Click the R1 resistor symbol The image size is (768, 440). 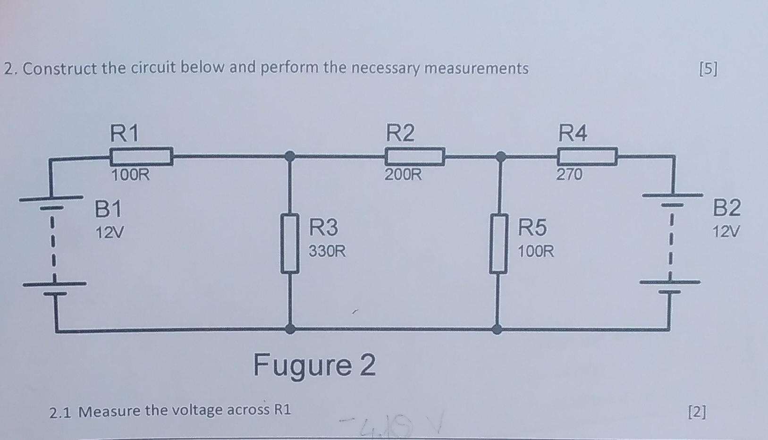(x=141, y=156)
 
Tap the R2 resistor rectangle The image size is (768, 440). (x=415, y=156)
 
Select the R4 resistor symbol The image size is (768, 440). (x=587, y=156)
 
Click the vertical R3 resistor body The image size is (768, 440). (x=291, y=243)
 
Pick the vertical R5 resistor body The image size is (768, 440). (x=498, y=243)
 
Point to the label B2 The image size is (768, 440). (x=727, y=208)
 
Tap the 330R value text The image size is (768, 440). (x=327, y=251)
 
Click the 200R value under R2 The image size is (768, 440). (x=403, y=175)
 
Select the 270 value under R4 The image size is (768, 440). (x=569, y=175)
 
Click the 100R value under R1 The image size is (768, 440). (x=130, y=175)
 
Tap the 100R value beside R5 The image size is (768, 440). (x=536, y=251)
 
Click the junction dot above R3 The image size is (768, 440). (x=291, y=155)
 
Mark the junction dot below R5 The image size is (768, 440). (x=497, y=329)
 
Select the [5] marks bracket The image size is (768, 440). (x=708, y=69)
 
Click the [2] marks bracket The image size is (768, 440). (x=698, y=412)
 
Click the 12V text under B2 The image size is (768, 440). (x=726, y=232)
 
